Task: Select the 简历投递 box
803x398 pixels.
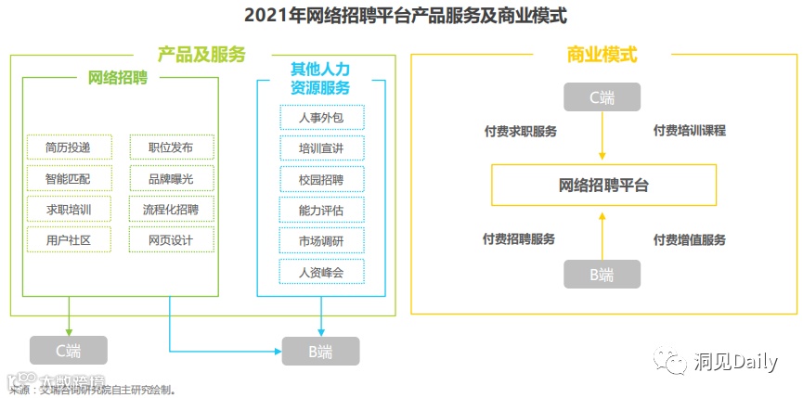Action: [69, 147]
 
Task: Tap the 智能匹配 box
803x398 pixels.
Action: [69, 178]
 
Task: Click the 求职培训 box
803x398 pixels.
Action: [69, 209]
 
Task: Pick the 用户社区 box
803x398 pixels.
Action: [69, 240]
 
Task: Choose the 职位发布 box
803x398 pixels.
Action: [172, 147]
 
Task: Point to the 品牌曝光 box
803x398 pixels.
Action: [172, 178]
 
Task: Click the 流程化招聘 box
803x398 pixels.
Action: [172, 209]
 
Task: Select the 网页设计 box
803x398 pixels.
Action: [172, 240]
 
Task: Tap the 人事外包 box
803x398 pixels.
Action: [321, 117]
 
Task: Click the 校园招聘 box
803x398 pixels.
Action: [321, 179]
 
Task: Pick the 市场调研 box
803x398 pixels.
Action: [321, 241]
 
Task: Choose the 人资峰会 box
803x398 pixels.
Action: [321, 273]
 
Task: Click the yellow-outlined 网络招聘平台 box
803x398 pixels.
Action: [603, 186]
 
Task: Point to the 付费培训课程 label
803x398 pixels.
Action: [689, 131]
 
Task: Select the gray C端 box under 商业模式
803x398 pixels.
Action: [602, 97]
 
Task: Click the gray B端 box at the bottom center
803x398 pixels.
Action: [320, 352]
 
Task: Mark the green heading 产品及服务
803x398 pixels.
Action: [201, 55]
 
